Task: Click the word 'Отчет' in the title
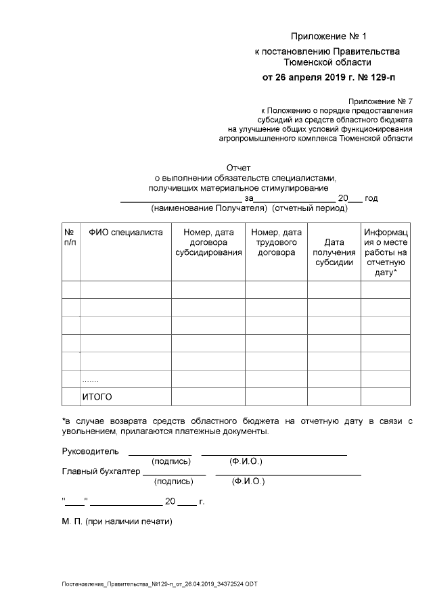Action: tap(238, 168)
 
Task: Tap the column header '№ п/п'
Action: tap(70, 237)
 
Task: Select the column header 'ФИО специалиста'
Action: tap(125, 232)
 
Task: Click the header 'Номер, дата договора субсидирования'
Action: tap(208, 242)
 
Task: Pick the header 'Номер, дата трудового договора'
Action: tap(277, 242)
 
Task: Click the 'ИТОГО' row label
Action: tap(97, 396)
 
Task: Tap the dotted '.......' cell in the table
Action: tap(90, 379)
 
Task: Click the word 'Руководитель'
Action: tap(90, 451)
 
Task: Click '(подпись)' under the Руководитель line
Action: tap(170, 461)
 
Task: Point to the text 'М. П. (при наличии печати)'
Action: tap(117, 522)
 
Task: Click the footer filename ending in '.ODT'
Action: tap(160, 583)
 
